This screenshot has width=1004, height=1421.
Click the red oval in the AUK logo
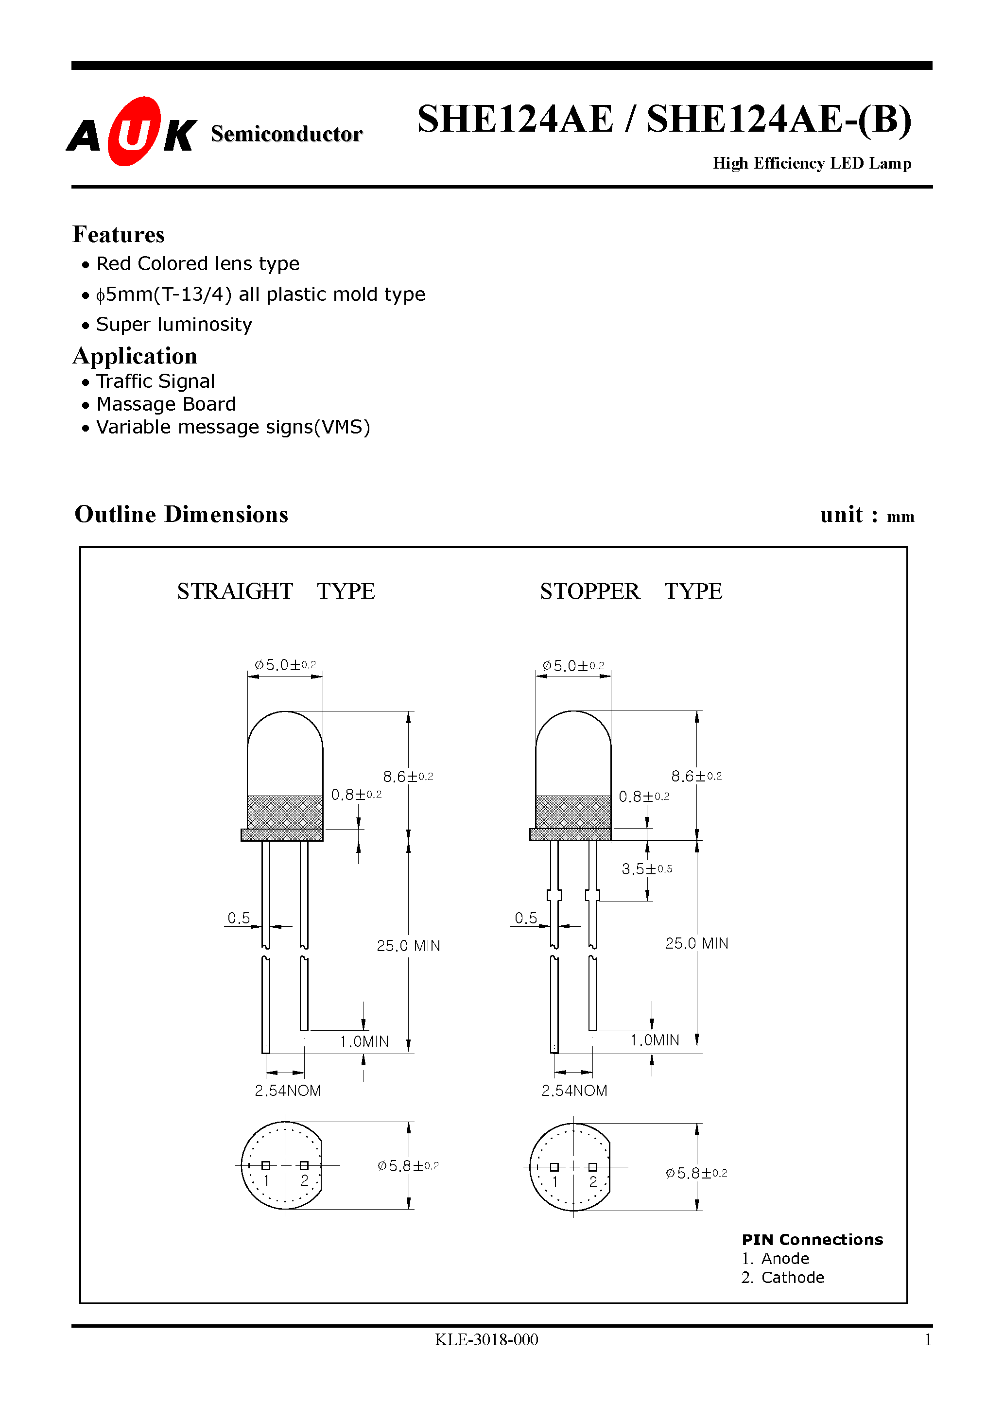coord(134,131)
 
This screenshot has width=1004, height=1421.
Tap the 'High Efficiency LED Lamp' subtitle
coord(812,163)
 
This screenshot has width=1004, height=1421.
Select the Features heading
coord(118,235)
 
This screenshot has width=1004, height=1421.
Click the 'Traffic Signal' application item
coord(156,381)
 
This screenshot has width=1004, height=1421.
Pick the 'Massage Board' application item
coord(166,404)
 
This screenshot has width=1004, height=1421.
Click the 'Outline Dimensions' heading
coord(181,514)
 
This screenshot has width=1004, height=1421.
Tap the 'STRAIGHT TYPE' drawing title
coord(276,591)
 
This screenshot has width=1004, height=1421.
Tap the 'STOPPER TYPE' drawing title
coord(631,591)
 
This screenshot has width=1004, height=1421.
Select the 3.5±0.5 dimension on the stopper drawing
coord(646,869)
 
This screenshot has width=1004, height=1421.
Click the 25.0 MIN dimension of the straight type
coord(408,946)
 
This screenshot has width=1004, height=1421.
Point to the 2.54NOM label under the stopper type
coord(574,1091)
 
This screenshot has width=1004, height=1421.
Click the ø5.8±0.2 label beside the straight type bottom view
coord(408,1166)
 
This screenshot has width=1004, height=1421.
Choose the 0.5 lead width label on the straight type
coord(238,918)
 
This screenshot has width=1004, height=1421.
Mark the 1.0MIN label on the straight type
coord(364,1041)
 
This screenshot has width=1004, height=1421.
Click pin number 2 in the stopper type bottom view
coord(593,1182)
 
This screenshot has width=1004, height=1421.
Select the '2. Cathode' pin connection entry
coord(782,1278)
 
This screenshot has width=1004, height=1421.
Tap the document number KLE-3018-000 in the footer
coord(486,1339)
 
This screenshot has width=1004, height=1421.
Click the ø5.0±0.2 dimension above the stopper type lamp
coord(573,666)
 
